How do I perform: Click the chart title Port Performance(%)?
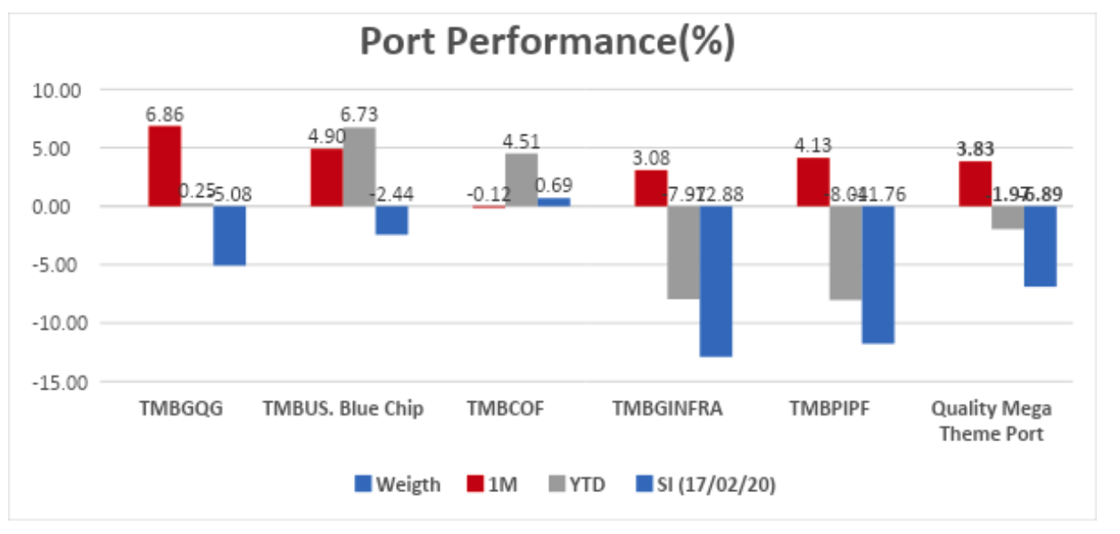548,42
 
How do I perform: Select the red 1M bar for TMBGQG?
164,166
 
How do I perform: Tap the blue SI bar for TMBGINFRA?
716,281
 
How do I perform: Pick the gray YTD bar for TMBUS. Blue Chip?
359,167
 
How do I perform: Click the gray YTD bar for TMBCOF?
522,180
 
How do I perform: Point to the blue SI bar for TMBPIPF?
878,275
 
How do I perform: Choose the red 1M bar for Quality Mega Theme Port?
975,184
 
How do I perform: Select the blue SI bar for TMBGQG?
229,235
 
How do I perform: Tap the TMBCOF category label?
505,409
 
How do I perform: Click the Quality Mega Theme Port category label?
991,421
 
